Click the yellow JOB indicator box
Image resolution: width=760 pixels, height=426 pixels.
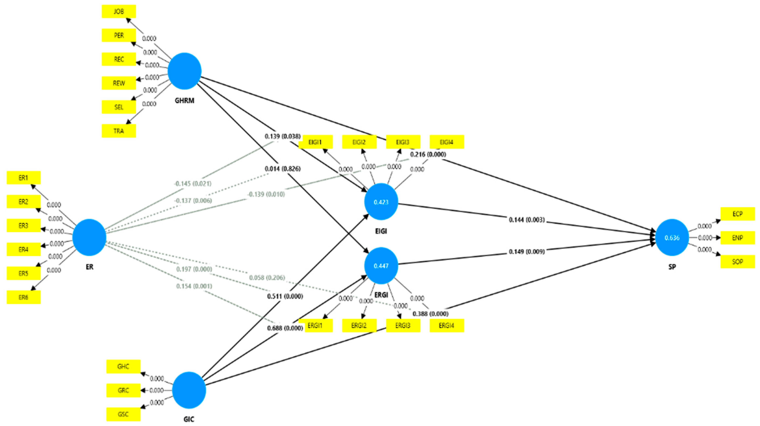pyautogui.click(x=119, y=12)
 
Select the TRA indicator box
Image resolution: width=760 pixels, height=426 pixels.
pyautogui.click(x=119, y=131)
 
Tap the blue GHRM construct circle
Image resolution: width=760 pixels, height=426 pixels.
pyautogui.click(x=184, y=71)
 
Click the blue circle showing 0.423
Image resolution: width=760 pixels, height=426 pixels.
pyautogui.click(x=381, y=202)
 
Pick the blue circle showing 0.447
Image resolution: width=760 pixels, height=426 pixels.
pyautogui.click(x=381, y=266)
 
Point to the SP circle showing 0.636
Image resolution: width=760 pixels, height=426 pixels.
pyautogui.click(x=672, y=238)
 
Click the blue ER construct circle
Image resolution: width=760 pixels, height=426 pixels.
pyautogui.click(x=89, y=237)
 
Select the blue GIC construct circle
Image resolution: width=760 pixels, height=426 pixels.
pyautogui.click(x=189, y=390)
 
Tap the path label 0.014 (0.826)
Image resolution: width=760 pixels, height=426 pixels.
pyautogui.click(x=282, y=169)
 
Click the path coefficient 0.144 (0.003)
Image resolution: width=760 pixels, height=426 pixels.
pyautogui.click(x=527, y=220)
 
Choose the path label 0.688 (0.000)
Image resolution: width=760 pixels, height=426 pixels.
pyautogui.click(x=285, y=328)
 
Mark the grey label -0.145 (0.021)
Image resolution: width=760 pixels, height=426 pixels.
pyautogui.click(x=192, y=184)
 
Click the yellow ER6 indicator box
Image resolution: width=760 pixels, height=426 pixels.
pyautogui.click(x=24, y=297)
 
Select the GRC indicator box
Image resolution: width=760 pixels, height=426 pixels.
pyautogui.click(x=123, y=390)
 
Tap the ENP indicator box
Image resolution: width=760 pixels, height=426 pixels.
pyautogui.click(x=737, y=238)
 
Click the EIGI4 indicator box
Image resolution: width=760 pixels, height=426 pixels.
pyautogui.click(x=446, y=142)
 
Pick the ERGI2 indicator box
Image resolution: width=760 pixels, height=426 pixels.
pyautogui.click(x=359, y=326)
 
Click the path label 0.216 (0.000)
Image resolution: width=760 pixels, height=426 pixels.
pyautogui.click(x=428, y=154)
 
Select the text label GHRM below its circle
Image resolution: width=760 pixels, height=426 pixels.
pyautogui.click(x=184, y=101)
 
